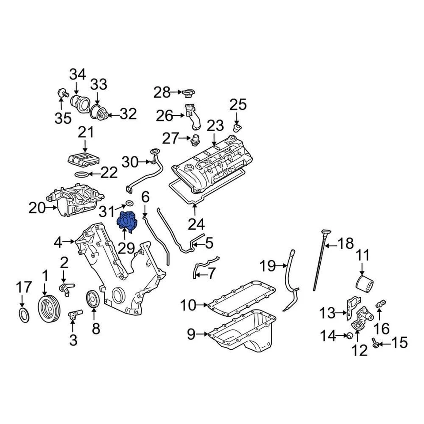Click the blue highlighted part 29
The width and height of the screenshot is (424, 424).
(x=128, y=222)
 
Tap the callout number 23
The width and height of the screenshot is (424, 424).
(x=215, y=126)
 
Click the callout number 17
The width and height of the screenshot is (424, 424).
(x=24, y=287)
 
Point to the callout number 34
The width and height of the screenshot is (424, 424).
(x=77, y=74)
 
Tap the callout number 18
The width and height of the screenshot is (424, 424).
(x=345, y=243)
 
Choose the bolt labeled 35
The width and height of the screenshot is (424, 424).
(x=62, y=93)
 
